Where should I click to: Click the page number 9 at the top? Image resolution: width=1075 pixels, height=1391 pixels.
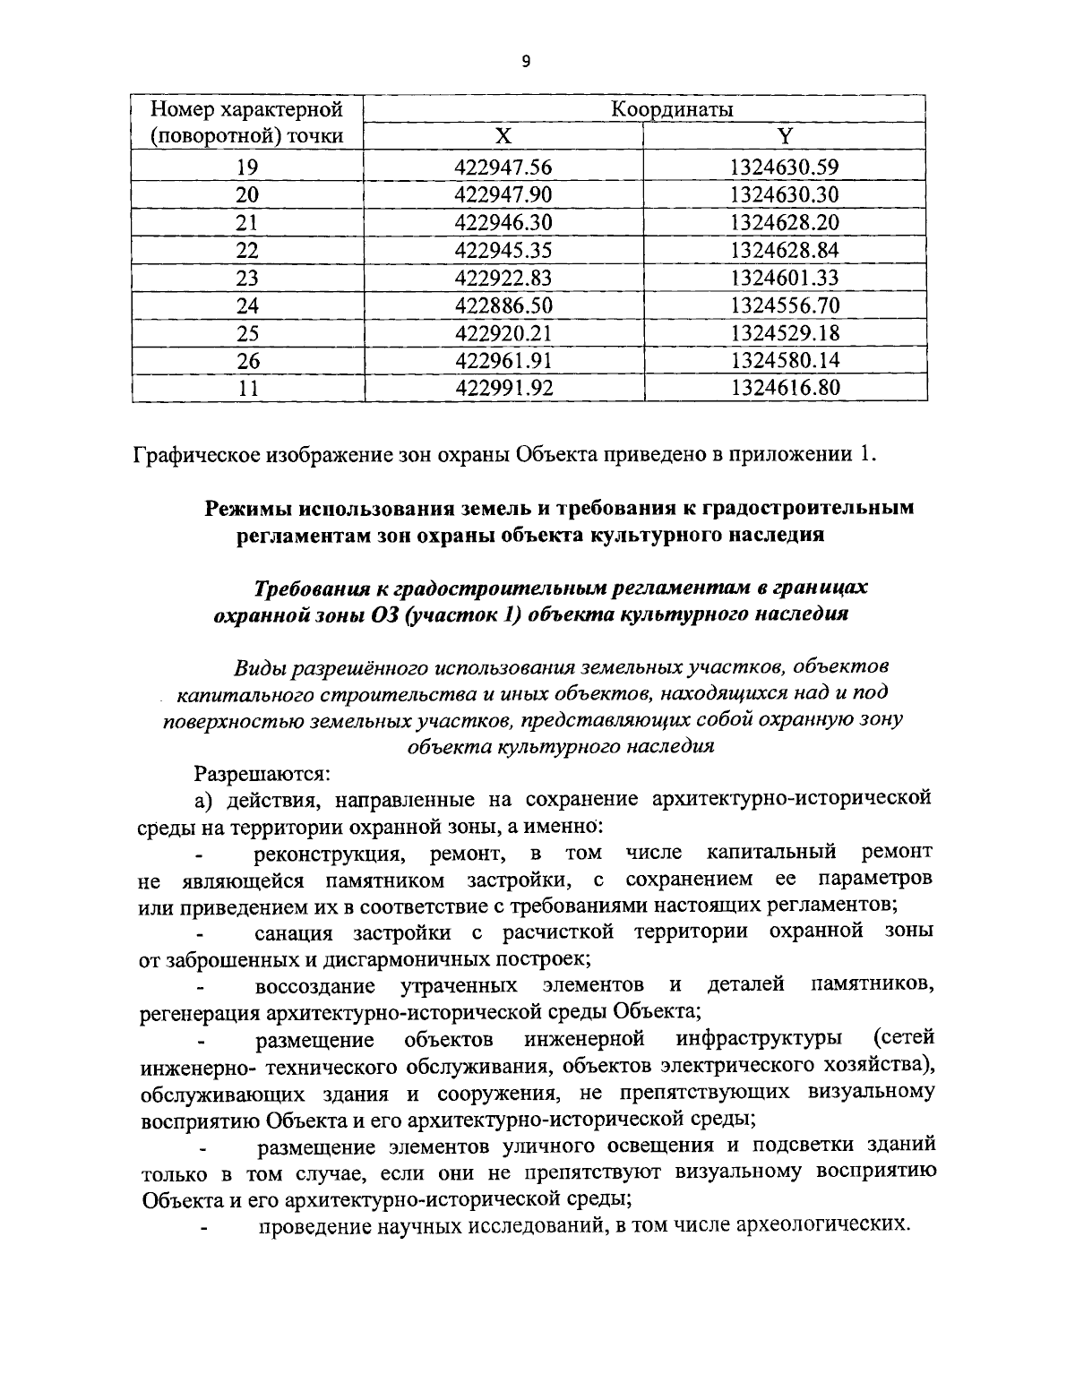[x=526, y=61]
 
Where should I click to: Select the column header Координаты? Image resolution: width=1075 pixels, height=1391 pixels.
[x=672, y=109]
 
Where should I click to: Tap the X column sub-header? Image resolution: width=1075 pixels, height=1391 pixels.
[x=503, y=136]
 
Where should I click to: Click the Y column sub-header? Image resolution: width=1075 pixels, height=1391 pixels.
[x=785, y=136]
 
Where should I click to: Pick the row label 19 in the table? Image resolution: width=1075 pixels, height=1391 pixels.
[x=247, y=167]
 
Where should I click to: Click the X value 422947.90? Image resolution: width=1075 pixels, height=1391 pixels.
[x=503, y=194]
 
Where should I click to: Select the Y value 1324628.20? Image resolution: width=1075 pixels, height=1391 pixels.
[x=785, y=222]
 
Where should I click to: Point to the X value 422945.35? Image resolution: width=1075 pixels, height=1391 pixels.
[x=503, y=250]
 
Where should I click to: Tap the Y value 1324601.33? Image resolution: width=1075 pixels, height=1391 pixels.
[x=785, y=278]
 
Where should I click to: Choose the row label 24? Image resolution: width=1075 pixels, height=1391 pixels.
[x=247, y=305]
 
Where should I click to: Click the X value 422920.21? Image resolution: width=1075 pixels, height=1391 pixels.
[x=503, y=333]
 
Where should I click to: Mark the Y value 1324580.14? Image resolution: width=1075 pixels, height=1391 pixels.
[x=785, y=361]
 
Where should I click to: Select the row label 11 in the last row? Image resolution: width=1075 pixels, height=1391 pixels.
[x=247, y=388]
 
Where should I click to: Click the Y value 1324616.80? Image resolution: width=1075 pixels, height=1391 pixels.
[x=785, y=388]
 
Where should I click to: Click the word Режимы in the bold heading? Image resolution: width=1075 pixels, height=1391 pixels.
[x=249, y=508]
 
